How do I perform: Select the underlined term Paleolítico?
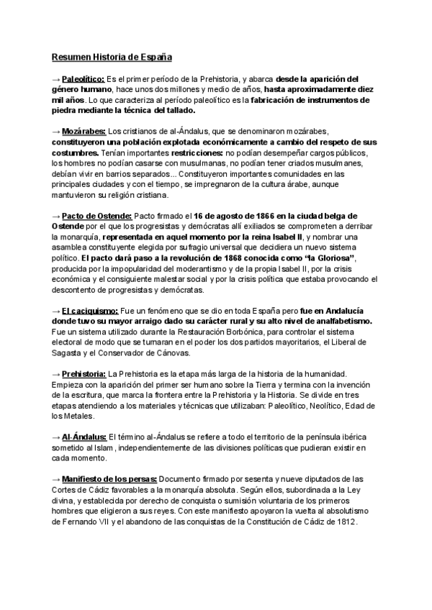point(84,78)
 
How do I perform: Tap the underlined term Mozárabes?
point(84,132)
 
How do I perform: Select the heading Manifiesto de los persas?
point(109,478)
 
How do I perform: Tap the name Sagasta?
point(69,352)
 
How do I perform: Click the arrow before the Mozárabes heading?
point(56,132)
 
